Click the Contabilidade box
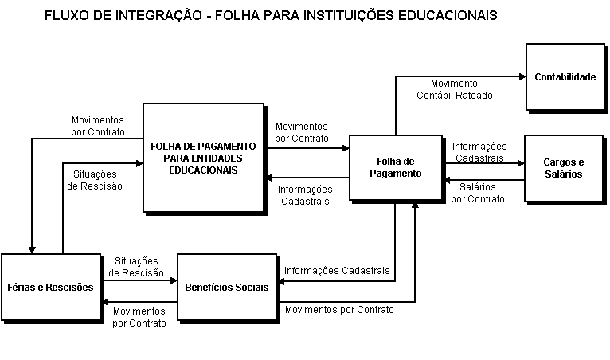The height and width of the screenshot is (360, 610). click(x=565, y=77)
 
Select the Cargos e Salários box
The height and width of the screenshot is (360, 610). click(x=562, y=168)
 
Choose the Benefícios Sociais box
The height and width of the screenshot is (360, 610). click(x=226, y=287)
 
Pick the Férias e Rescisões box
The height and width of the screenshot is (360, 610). click(x=51, y=287)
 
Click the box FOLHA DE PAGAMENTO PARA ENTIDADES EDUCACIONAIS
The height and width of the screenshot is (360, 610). click(x=203, y=158)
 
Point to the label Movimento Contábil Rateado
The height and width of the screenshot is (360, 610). click(x=454, y=88)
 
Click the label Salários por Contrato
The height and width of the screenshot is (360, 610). click(x=477, y=193)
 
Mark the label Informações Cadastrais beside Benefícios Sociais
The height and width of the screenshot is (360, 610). click(x=337, y=270)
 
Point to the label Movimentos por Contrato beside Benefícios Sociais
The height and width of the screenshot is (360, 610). click(x=338, y=309)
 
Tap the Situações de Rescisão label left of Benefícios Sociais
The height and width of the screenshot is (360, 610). click(x=136, y=267)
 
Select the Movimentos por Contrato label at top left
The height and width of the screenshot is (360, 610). click(x=97, y=126)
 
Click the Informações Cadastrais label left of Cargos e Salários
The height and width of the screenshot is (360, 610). click(x=479, y=152)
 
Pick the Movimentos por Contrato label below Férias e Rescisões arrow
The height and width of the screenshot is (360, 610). click(x=139, y=317)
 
